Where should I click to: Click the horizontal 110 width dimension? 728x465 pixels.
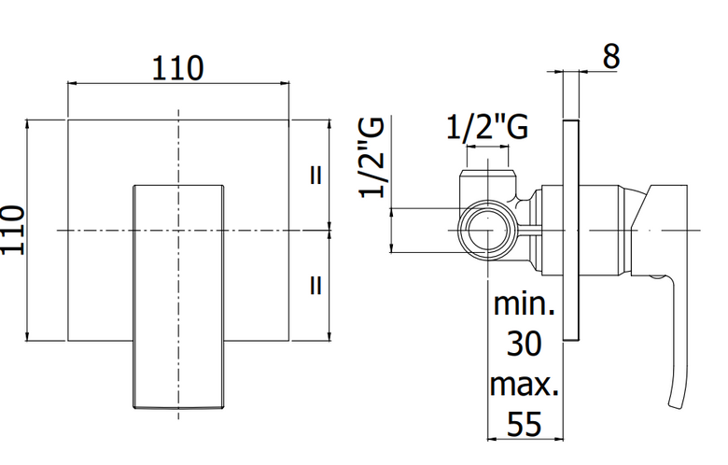(178, 68)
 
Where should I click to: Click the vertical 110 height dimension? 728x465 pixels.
(12, 230)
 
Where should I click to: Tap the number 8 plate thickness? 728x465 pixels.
(611, 57)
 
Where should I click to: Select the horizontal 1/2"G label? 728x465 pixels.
(487, 127)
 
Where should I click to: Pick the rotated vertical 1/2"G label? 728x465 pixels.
(371, 158)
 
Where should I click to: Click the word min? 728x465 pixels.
(525, 304)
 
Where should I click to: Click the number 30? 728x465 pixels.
(525, 344)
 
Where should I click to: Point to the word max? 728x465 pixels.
(525, 385)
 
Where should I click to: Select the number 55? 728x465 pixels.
(525, 424)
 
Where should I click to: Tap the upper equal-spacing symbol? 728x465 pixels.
(315, 176)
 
